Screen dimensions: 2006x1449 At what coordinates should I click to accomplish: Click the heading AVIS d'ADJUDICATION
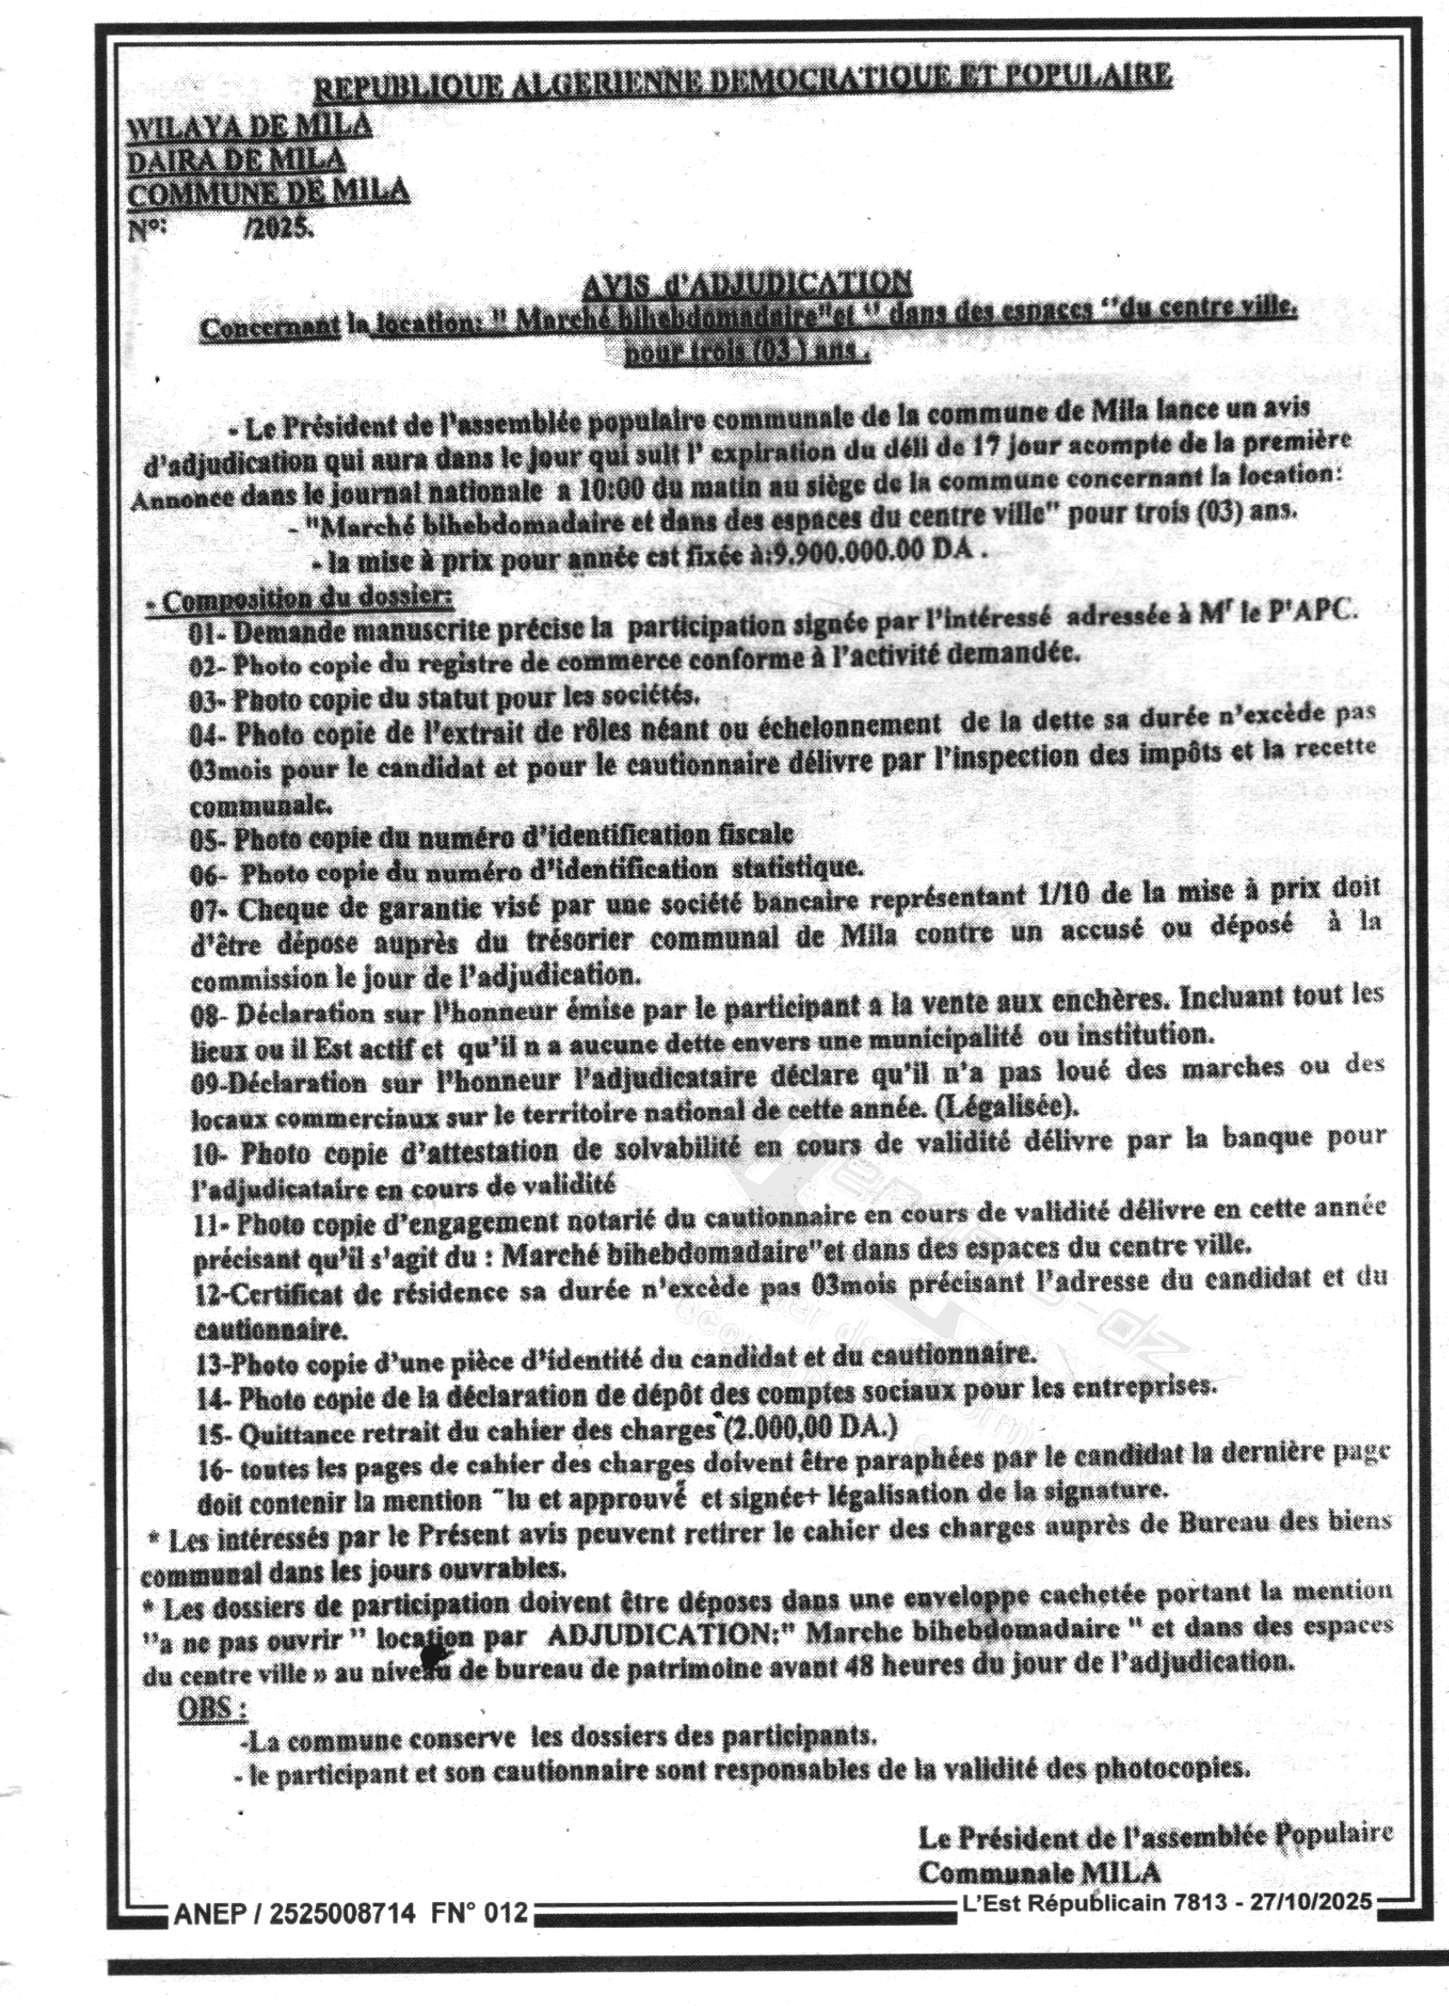coord(747,283)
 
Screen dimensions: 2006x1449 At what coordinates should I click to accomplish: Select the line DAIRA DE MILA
coord(236,160)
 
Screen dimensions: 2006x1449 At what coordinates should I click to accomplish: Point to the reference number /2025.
coord(277,228)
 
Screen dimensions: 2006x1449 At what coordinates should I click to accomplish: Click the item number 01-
coord(208,632)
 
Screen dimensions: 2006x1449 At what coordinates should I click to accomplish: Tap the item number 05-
coord(209,838)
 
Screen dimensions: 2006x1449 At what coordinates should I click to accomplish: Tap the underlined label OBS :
coord(211,1708)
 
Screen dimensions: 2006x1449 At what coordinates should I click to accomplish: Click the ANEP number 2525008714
coord(342,1913)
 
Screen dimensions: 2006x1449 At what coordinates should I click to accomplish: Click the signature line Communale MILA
coord(1039,1873)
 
